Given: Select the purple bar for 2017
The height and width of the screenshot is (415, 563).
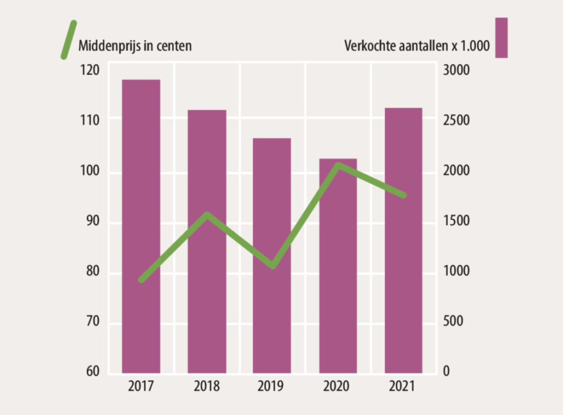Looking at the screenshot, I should tap(141, 225).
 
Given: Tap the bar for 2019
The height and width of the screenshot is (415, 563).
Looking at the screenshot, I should tap(272, 255).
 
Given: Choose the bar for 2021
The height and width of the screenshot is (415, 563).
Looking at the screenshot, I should tap(403, 240).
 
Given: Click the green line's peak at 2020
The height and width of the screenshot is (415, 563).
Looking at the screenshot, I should tap(339, 165).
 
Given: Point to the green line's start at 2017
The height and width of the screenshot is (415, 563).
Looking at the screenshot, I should tap(141, 280).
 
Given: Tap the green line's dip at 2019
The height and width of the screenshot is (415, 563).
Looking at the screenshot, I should tap(273, 267).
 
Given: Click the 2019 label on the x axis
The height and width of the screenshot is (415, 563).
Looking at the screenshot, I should tap(272, 386).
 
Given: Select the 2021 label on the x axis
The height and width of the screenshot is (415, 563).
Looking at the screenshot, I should tap(403, 386).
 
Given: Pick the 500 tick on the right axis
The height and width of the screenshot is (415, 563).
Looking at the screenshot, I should tap(454, 321).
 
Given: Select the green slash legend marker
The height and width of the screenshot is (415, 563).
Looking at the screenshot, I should tap(68, 39).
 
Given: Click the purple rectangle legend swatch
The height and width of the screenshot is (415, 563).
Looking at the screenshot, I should tap(501, 37).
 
